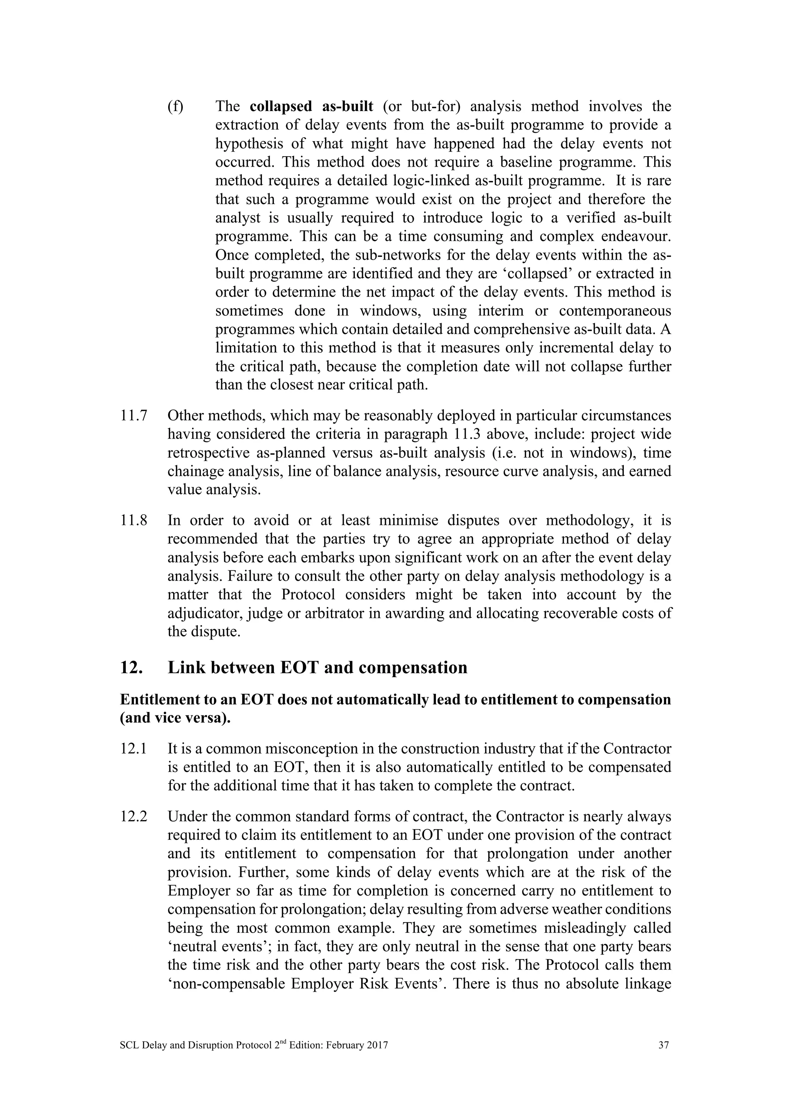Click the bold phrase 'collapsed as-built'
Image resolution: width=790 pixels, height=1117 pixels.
coord(311,106)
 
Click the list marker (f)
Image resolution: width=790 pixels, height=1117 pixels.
coord(175,106)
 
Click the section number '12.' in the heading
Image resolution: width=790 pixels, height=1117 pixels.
coord(131,668)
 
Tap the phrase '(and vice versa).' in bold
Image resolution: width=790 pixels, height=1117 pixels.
coord(175,718)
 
